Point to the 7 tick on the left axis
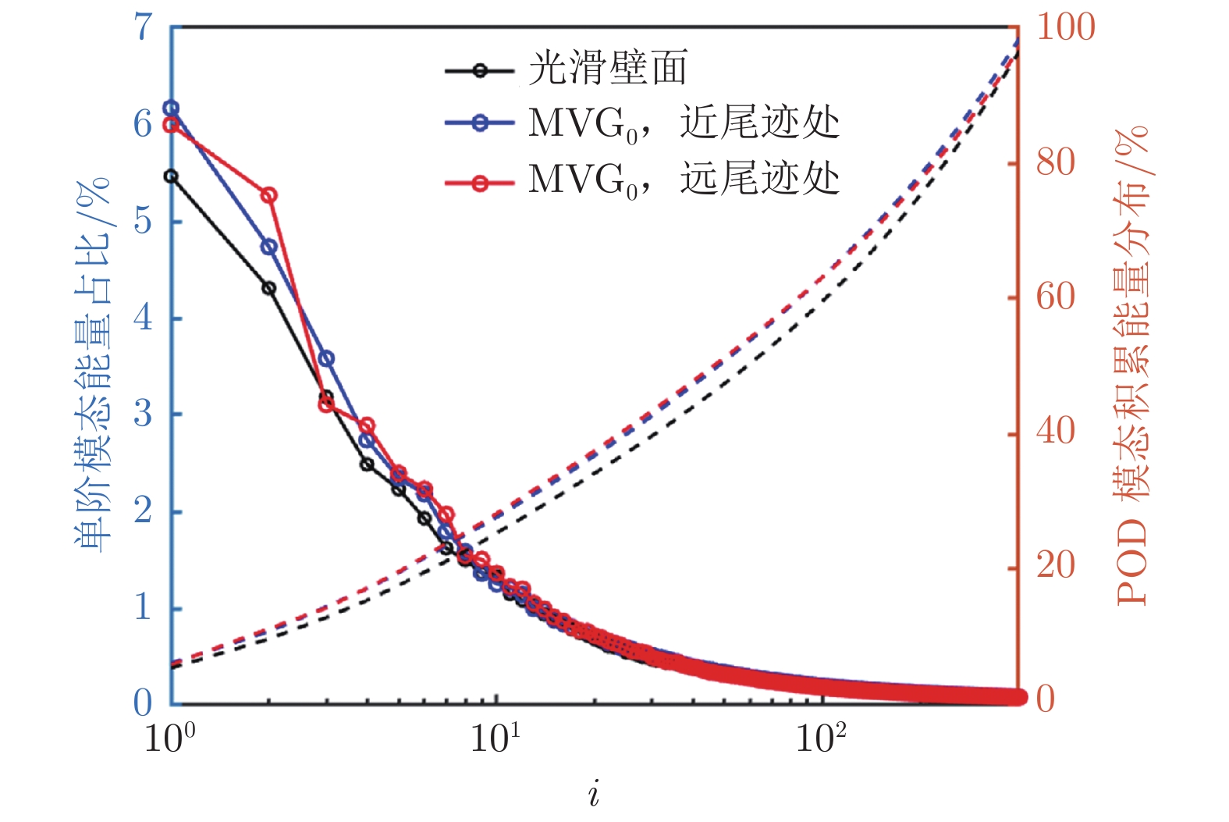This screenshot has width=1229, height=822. pyautogui.click(x=144, y=27)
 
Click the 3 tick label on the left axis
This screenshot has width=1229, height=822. pyautogui.click(x=144, y=414)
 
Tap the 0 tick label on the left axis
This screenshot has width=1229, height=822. pyautogui.click(x=144, y=703)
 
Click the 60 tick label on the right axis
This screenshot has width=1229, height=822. pyautogui.click(x=1056, y=297)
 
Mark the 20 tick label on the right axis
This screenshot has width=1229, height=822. pyautogui.click(x=1056, y=565)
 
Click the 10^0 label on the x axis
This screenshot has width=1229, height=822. pyautogui.click(x=169, y=737)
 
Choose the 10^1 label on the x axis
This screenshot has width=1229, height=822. pyautogui.click(x=495, y=737)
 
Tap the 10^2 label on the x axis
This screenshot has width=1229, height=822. pyautogui.click(x=820, y=737)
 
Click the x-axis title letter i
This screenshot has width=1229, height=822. pyautogui.click(x=595, y=795)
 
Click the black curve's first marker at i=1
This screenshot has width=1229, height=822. pyautogui.click(x=171, y=176)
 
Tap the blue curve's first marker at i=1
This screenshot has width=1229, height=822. pyautogui.click(x=171, y=109)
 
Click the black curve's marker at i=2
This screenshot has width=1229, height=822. pyautogui.click(x=269, y=288)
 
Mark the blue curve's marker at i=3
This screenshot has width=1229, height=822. pyautogui.click(x=327, y=359)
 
